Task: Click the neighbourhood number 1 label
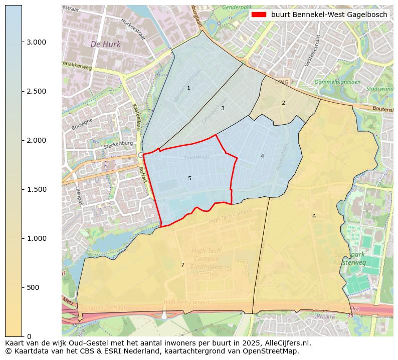point(188,88)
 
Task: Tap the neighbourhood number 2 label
point(283,103)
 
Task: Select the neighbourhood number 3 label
point(223,108)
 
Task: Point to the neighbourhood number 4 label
point(262,157)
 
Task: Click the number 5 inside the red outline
point(189,178)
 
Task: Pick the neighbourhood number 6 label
point(314,216)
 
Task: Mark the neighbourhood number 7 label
point(182,265)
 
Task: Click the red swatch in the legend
point(259,15)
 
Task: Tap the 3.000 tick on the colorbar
point(36,42)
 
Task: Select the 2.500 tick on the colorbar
point(36,91)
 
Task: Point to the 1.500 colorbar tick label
point(36,189)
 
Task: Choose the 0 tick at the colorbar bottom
point(29,336)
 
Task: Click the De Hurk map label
point(105,45)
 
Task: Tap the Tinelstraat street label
point(195,157)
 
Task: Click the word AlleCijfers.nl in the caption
point(286,343)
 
